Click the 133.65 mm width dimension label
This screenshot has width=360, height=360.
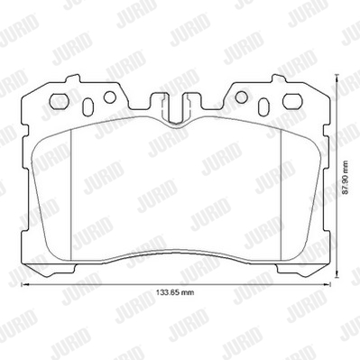(176, 292)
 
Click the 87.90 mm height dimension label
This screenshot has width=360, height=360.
(346, 178)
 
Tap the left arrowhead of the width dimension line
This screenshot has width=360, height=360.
(23, 284)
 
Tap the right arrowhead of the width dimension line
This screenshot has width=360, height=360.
(328, 284)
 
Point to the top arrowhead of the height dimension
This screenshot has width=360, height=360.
(337, 78)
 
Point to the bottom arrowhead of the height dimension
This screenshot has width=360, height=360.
(337, 276)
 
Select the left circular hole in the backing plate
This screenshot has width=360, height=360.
(110, 97)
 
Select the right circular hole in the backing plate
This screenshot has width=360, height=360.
(241, 97)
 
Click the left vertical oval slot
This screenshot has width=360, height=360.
(88, 106)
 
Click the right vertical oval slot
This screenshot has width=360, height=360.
(263, 106)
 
